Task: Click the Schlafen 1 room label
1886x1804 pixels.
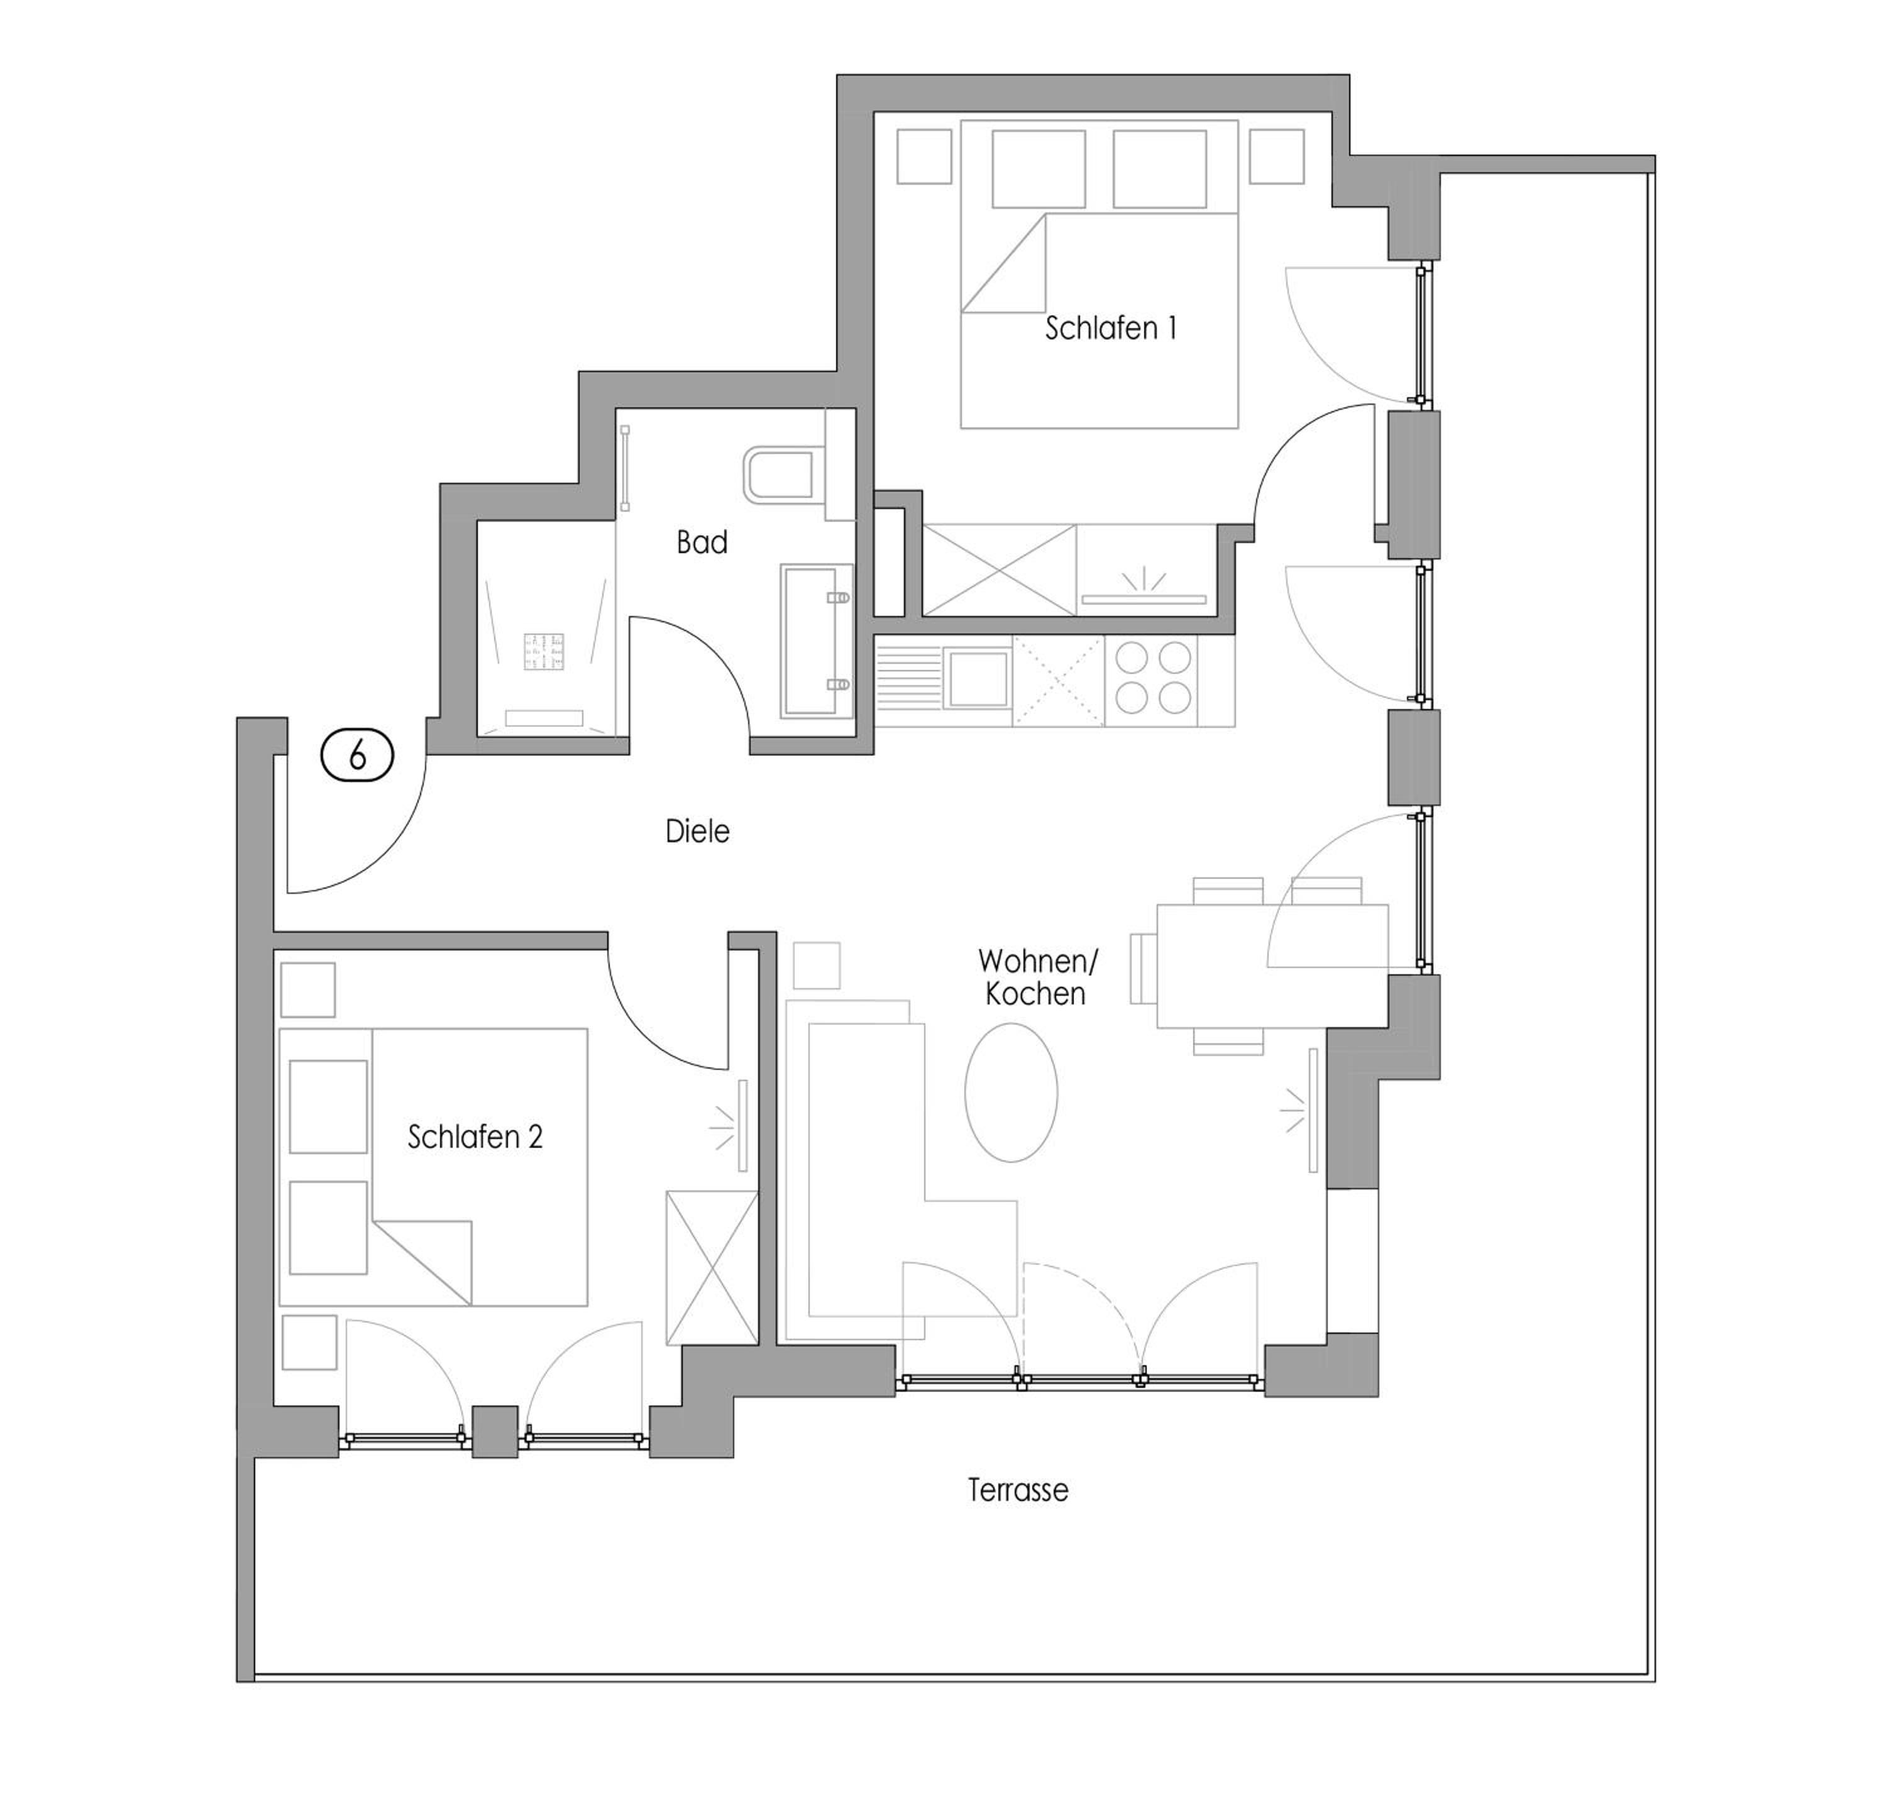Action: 1111,329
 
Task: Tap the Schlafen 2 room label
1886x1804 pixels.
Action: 475,1138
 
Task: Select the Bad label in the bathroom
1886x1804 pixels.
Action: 702,542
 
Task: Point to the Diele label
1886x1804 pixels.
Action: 697,831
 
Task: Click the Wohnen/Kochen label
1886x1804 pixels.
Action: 1037,977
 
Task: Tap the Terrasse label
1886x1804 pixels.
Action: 1018,1490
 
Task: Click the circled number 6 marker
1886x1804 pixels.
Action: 357,756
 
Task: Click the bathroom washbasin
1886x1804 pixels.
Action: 817,641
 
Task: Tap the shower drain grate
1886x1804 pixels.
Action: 544,652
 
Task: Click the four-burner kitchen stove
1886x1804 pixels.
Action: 1153,678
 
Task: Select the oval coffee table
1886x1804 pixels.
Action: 1011,1092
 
